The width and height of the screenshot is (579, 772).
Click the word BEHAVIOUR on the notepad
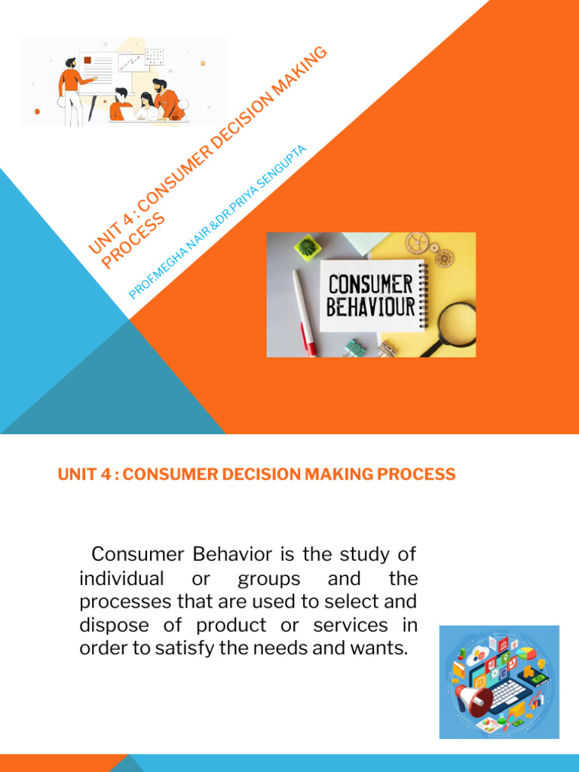(x=370, y=308)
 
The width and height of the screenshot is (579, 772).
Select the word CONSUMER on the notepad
(x=370, y=283)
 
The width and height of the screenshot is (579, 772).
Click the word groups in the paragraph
(x=269, y=579)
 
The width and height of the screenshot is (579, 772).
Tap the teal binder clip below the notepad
(x=355, y=348)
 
